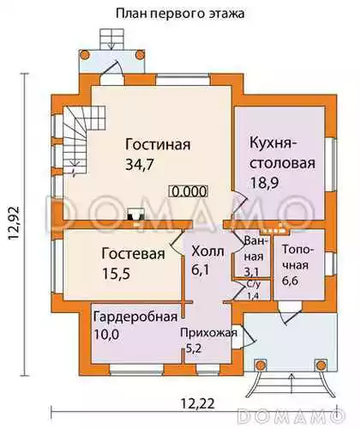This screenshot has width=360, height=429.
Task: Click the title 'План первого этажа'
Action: point(180,14)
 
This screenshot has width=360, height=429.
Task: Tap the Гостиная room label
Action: point(158,145)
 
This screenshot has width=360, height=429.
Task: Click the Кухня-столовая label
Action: point(282,153)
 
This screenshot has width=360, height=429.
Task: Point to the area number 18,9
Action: point(265,183)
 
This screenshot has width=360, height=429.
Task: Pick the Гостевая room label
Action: point(133,254)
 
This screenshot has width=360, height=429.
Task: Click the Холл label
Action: point(207,251)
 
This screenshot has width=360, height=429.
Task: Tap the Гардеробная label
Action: point(135,317)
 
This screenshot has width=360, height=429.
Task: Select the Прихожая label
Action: point(208,333)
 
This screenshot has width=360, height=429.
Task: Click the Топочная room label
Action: point(296,257)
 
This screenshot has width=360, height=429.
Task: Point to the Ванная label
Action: point(254,249)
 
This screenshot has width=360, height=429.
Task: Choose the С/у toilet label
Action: point(254,285)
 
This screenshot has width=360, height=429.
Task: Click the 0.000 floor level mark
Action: point(189,191)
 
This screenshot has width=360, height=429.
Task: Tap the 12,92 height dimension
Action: point(14,223)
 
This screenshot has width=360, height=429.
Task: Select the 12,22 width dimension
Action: point(198,403)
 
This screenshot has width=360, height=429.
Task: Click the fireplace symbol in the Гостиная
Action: point(135,214)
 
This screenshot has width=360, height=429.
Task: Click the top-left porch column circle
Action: point(85,54)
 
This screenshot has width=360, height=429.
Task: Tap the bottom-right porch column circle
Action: point(321,365)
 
